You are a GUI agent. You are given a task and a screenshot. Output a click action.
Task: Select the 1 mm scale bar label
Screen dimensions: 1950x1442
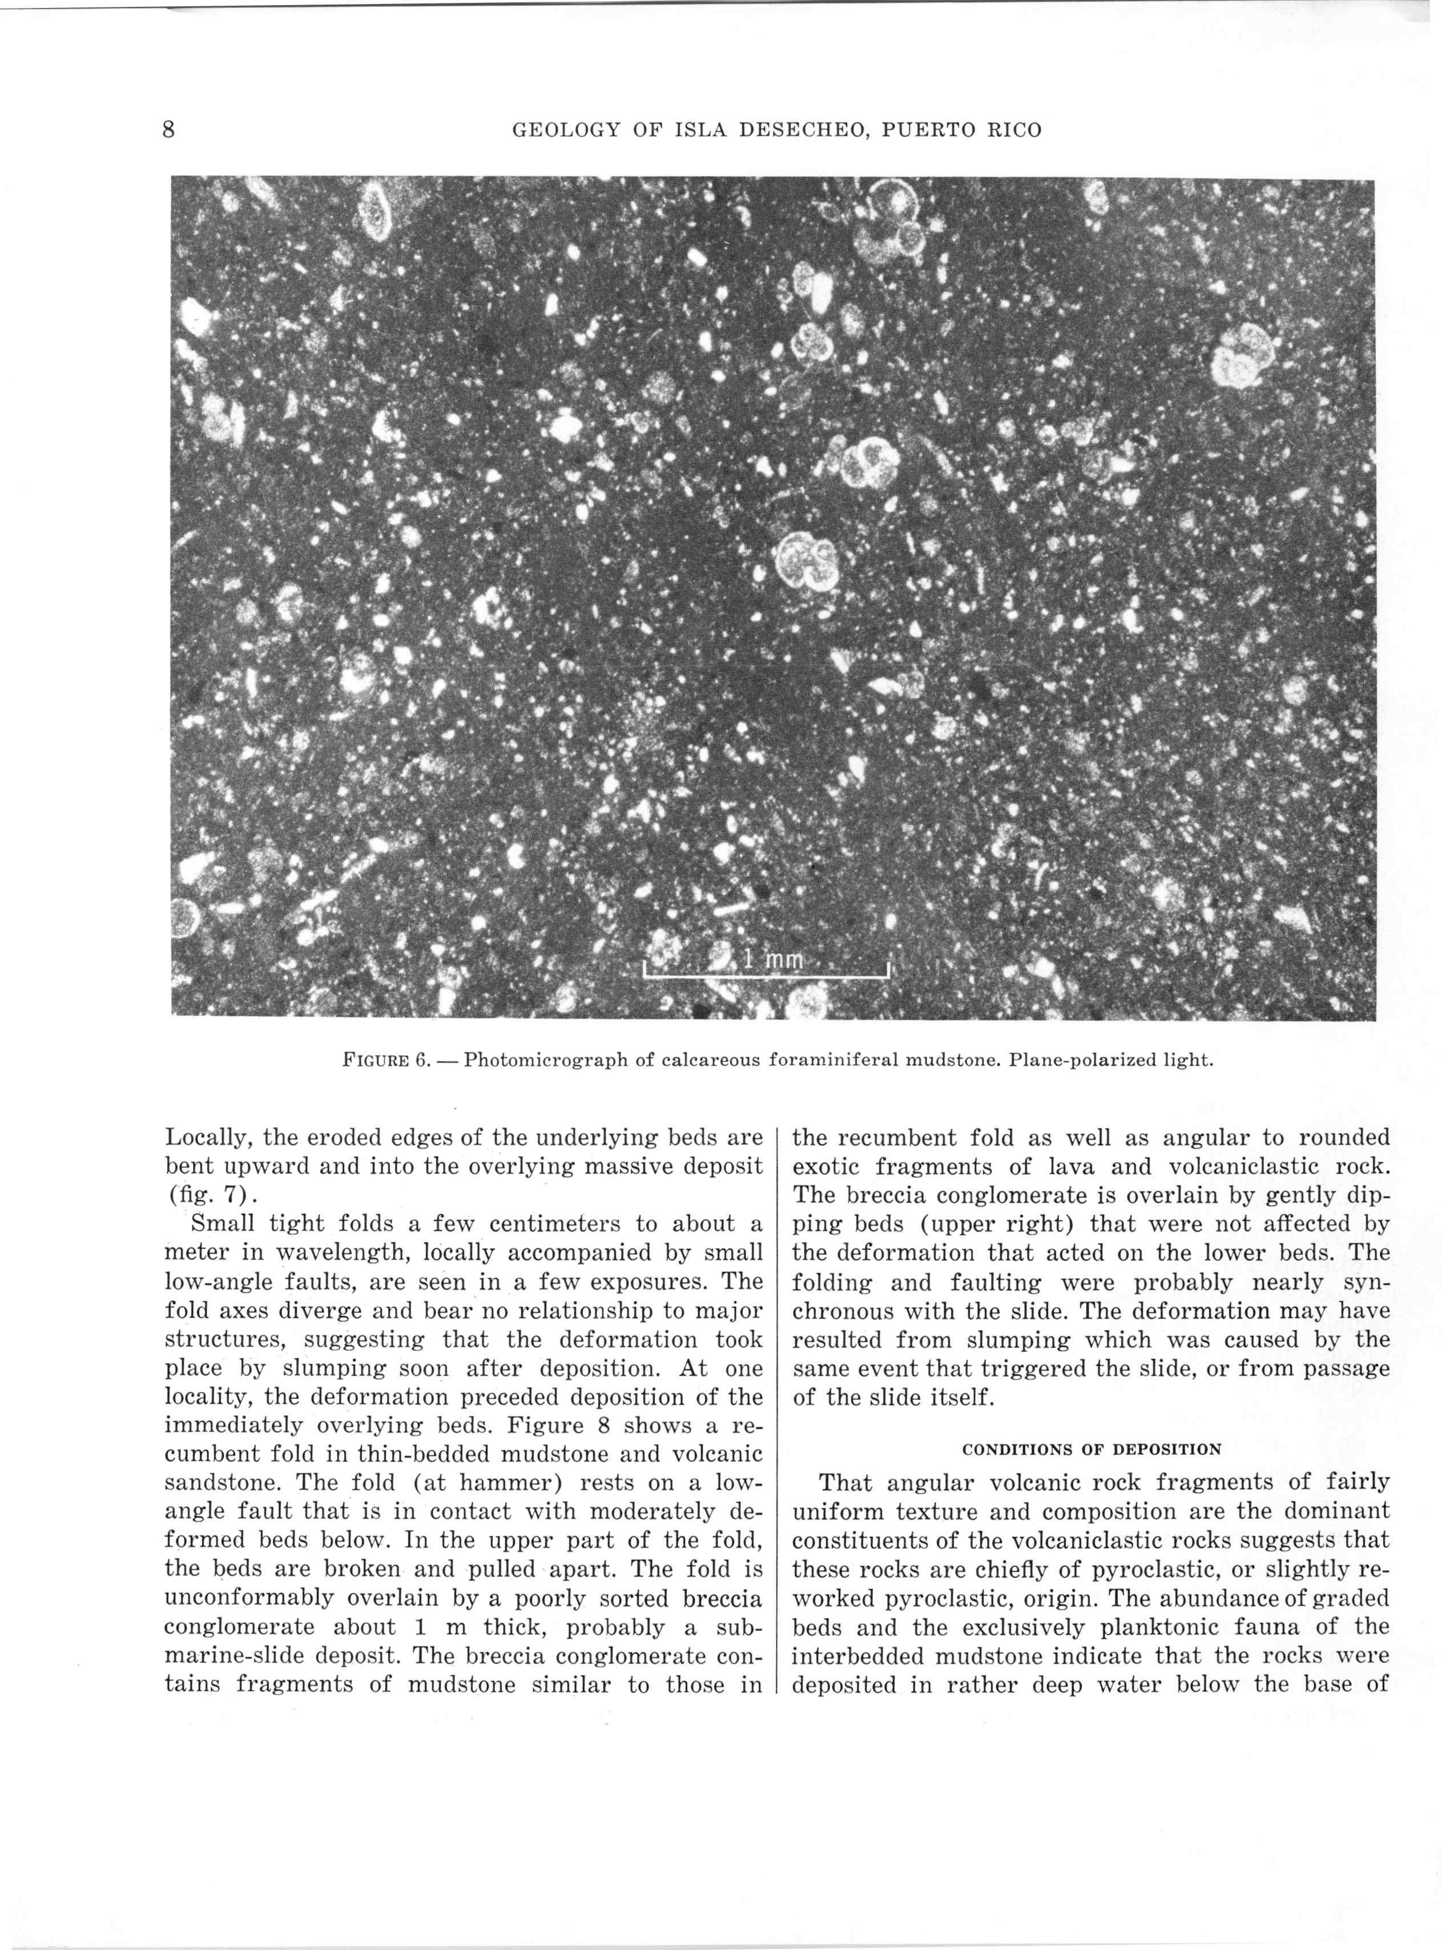772,960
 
